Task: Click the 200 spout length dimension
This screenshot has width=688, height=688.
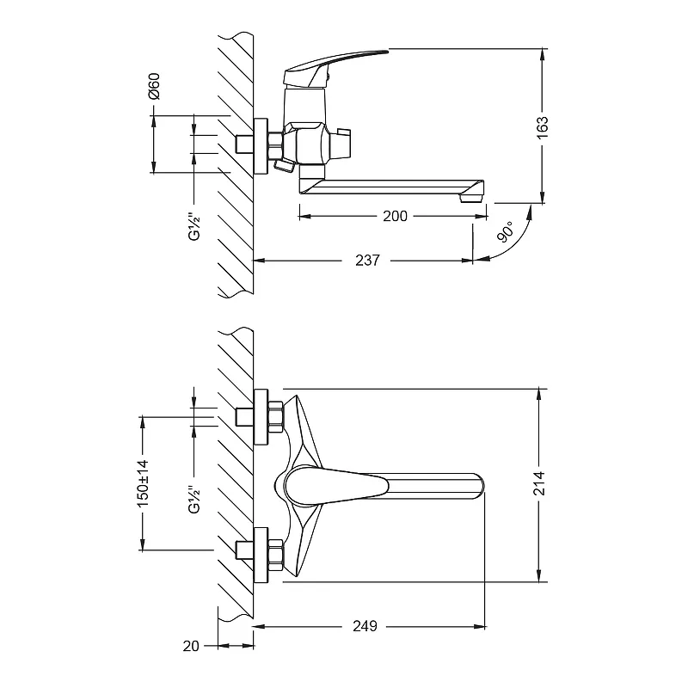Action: [395, 217]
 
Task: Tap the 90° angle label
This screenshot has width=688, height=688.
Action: [506, 232]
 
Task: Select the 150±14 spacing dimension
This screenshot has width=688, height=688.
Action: [144, 483]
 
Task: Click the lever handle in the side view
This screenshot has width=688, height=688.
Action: [344, 62]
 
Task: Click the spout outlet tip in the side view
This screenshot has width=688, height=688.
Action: [471, 197]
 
